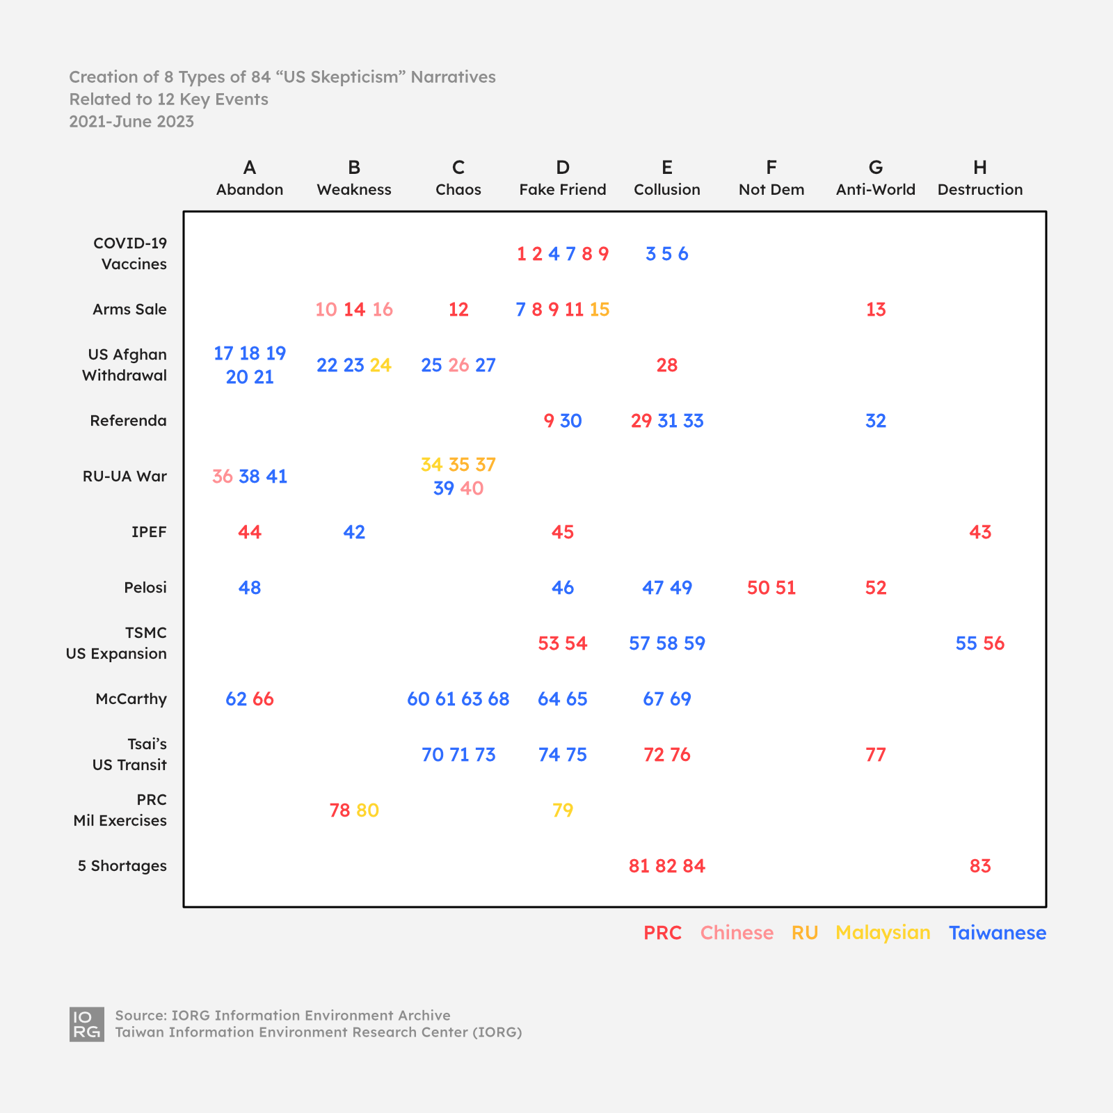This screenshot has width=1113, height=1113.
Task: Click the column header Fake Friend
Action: (562, 189)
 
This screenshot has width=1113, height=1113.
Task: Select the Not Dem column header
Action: (771, 189)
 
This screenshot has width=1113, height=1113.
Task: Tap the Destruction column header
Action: (979, 189)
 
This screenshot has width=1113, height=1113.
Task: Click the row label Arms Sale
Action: (129, 310)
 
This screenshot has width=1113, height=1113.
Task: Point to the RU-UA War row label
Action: (125, 477)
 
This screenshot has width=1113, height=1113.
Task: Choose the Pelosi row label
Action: (145, 588)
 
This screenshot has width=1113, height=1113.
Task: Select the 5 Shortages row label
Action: (122, 866)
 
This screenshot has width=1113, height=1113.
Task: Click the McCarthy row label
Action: (131, 699)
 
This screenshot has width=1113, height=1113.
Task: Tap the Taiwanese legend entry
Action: (997, 933)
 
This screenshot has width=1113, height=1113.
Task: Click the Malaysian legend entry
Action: (883, 933)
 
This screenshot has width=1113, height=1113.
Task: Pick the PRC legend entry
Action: (662, 933)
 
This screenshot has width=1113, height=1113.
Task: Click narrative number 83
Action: (979, 866)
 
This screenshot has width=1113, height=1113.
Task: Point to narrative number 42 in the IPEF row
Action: (354, 532)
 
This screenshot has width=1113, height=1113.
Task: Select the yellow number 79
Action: (562, 810)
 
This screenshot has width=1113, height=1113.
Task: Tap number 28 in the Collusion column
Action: (666, 365)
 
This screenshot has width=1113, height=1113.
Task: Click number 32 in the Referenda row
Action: (875, 421)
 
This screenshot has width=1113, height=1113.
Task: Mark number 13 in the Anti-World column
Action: (875, 310)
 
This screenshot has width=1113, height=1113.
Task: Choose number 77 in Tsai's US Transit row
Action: (875, 755)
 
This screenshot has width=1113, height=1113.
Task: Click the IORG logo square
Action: (87, 1024)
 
